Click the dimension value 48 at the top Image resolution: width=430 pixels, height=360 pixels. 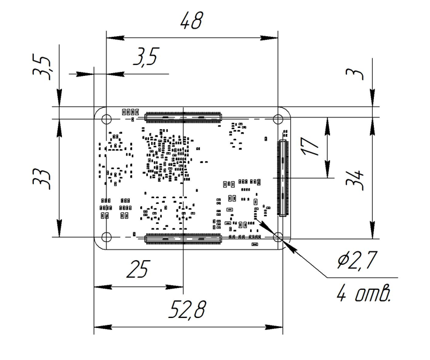click(x=190, y=22)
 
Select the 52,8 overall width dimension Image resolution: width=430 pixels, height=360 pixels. click(x=187, y=311)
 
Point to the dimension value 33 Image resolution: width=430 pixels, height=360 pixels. click(x=40, y=175)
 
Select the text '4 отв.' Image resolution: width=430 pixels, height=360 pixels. click(x=363, y=292)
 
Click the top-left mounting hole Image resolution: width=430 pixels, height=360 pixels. click(x=106, y=120)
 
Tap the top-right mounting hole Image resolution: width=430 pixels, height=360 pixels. click(x=279, y=120)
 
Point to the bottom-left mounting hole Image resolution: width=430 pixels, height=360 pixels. click(x=106, y=237)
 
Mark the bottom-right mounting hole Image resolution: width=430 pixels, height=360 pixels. click(x=279, y=237)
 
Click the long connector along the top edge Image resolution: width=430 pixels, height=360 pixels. click(x=183, y=116)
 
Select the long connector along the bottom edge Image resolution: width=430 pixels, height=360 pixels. click(x=183, y=237)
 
